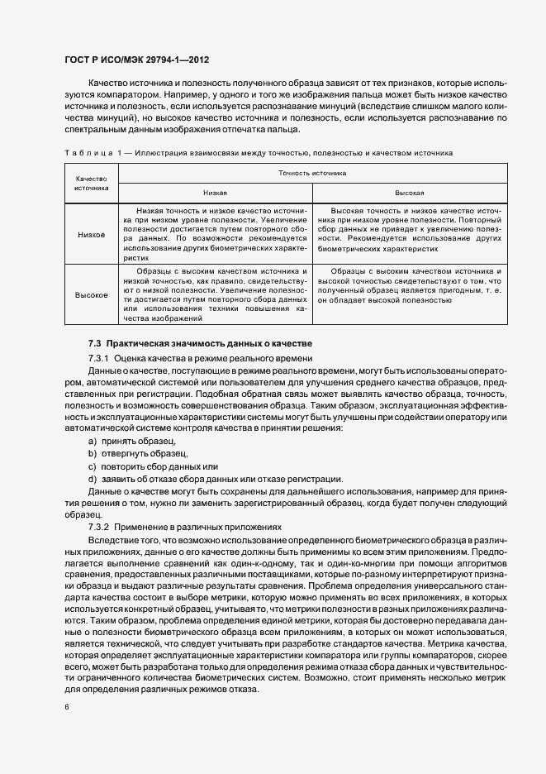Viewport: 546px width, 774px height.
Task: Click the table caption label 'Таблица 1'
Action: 88,154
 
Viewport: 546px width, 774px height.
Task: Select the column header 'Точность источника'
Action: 311,174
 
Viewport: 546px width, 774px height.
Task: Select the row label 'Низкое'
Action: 91,234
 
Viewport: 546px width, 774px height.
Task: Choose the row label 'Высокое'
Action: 91,295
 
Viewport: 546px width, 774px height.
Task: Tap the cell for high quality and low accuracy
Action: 216,295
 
